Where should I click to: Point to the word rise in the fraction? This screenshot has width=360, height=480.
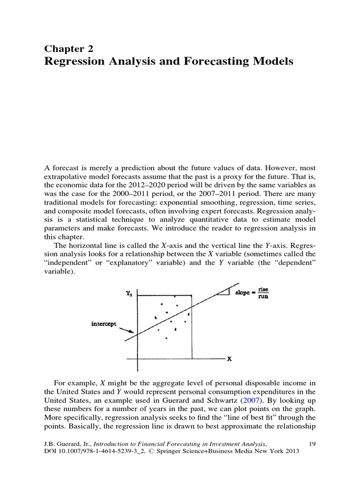click(263, 290)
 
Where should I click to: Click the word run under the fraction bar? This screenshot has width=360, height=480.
click(263, 297)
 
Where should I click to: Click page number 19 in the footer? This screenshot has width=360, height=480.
click(314, 443)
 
